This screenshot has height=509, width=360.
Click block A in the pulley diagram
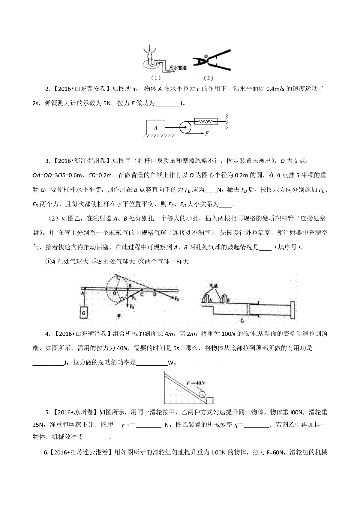click(155, 128)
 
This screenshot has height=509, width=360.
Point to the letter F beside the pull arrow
click(207, 134)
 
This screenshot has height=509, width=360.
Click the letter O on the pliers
click(206, 56)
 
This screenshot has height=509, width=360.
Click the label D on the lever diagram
click(155, 294)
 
